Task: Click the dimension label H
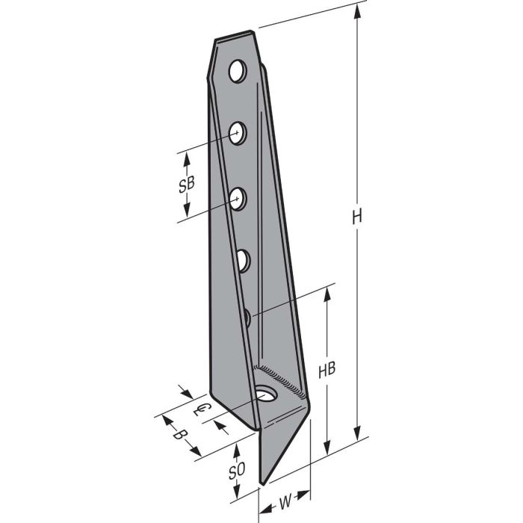[x=358, y=217]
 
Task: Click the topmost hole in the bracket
[x=237, y=72]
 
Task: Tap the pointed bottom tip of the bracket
[x=261, y=482]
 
